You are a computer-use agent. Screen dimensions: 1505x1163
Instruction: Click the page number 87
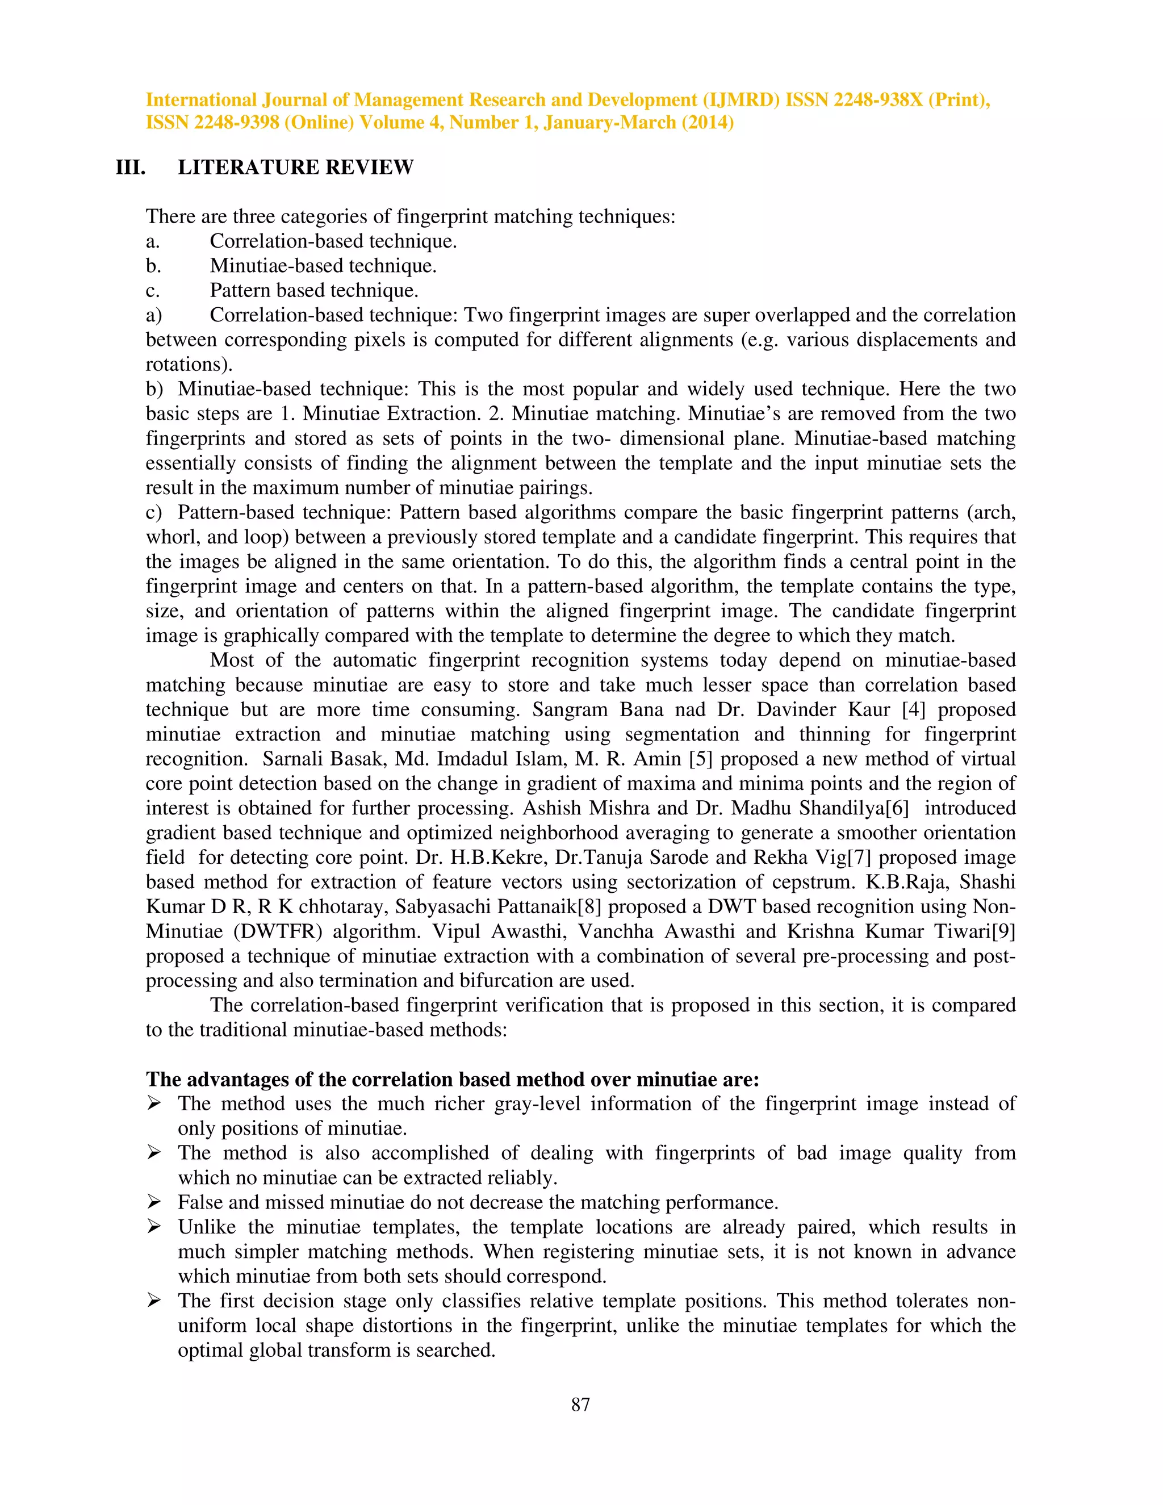pyautogui.click(x=580, y=1404)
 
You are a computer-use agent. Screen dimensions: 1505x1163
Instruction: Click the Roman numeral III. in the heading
pyautogui.click(x=130, y=168)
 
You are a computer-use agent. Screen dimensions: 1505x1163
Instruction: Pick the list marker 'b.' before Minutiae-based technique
pyautogui.click(x=153, y=266)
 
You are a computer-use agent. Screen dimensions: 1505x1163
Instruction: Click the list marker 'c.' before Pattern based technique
pyautogui.click(x=152, y=291)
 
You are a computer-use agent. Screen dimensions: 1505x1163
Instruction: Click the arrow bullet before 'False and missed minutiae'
pyautogui.click(x=154, y=1202)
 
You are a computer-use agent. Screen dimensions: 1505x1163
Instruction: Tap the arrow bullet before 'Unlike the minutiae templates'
pyautogui.click(x=154, y=1227)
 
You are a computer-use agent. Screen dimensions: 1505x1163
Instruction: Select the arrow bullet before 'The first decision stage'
pyautogui.click(x=154, y=1301)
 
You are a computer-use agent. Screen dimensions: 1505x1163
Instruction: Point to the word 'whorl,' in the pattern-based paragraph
pyautogui.click(x=165, y=537)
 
